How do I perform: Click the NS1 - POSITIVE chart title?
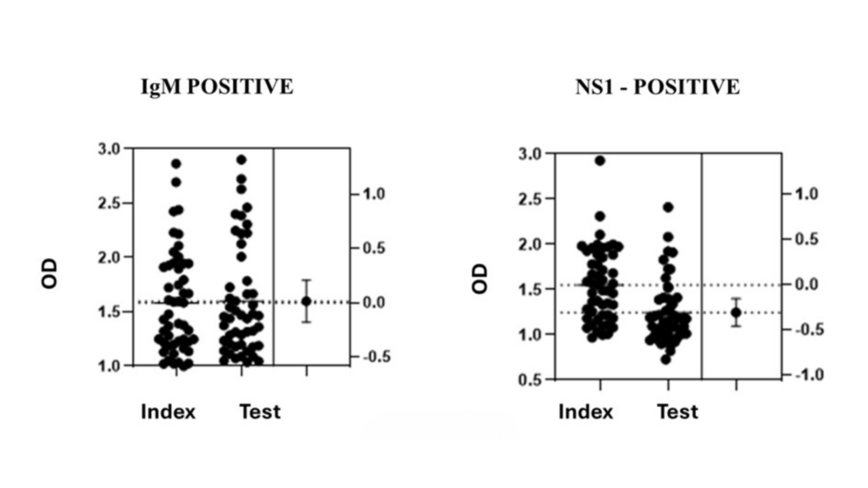tap(656, 87)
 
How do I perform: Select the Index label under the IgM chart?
tap(168, 413)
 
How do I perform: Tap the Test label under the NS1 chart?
tap(677, 413)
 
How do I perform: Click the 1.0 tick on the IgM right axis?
tap(375, 194)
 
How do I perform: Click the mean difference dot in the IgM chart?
tap(306, 301)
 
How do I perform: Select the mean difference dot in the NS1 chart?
tap(736, 313)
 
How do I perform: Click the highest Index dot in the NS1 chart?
tap(599, 160)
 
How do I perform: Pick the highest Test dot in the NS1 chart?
tap(667, 207)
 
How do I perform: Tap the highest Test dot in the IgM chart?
tap(241, 159)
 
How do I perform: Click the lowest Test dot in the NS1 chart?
tap(666, 359)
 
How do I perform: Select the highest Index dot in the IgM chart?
tap(176, 164)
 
